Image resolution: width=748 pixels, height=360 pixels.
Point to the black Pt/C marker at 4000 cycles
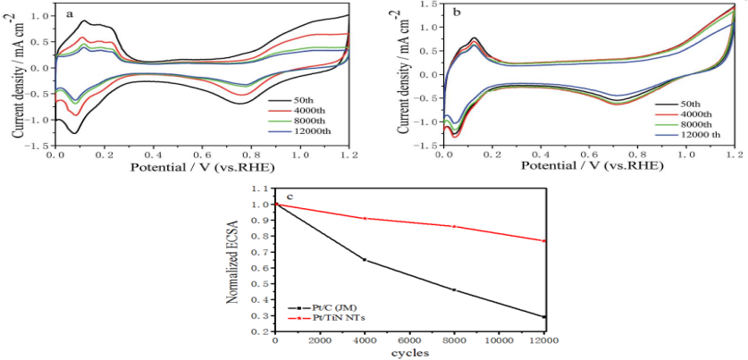(365, 260)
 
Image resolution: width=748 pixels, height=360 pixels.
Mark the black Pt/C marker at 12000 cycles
(544, 316)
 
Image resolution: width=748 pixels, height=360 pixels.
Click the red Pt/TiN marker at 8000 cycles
(454, 226)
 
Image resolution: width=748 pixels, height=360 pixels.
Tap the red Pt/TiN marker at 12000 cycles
(544, 240)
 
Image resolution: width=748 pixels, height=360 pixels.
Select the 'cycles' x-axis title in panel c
(410, 352)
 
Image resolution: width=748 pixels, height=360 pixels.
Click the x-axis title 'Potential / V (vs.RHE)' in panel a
(201, 167)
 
